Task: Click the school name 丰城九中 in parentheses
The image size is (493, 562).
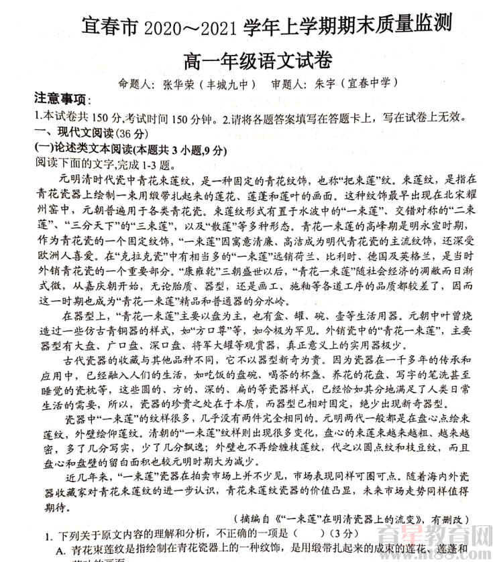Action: (x=227, y=85)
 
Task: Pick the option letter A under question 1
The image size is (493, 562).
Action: (x=60, y=549)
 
